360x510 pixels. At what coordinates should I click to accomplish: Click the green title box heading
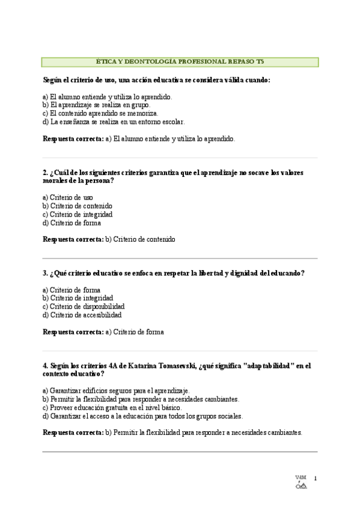coord(180,61)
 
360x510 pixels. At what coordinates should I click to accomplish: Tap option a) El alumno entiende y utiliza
coord(108,96)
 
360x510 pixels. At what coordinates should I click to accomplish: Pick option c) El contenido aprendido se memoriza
coord(100,113)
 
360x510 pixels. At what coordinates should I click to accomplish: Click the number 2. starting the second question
coord(46,173)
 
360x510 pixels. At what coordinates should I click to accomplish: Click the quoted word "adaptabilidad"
coord(269,365)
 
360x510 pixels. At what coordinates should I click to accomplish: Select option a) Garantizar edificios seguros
coord(116,390)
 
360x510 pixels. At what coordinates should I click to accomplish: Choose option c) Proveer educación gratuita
coord(112,407)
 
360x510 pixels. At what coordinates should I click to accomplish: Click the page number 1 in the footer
coord(315,479)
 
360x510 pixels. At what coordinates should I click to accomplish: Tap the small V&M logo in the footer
coord(301,483)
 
